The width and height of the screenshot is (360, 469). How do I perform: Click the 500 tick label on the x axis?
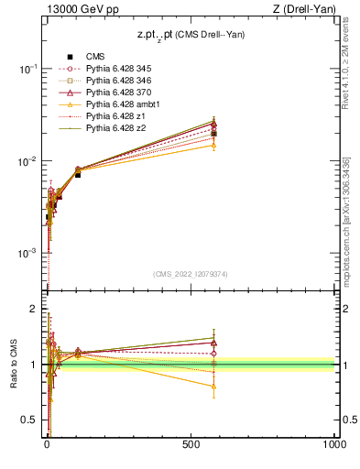[191, 443]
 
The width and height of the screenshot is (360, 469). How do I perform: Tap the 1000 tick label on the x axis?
[334, 443]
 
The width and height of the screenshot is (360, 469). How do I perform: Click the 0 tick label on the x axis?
[47, 443]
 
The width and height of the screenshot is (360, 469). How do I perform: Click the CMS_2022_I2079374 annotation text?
[190, 272]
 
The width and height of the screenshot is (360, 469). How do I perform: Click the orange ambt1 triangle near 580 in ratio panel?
[213, 387]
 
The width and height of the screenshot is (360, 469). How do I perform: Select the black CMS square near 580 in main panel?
[213, 133]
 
